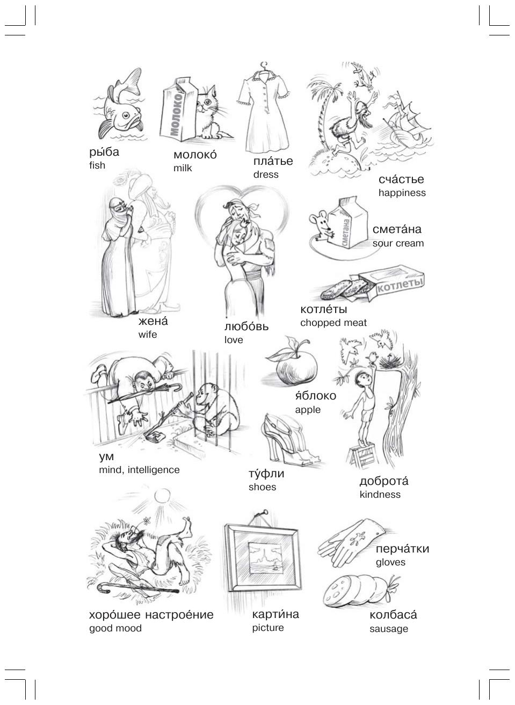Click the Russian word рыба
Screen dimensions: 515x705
tap(104, 152)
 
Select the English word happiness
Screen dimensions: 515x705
tap(402, 193)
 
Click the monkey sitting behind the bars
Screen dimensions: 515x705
tap(214, 409)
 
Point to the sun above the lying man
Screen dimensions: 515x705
tap(163, 497)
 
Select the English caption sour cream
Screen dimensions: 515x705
tap(398, 243)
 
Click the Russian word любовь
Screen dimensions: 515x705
tap(246, 326)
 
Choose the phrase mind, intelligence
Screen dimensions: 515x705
tap(139, 470)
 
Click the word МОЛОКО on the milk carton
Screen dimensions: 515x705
tap(177, 114)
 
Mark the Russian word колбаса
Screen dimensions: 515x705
tap(393, 615)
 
